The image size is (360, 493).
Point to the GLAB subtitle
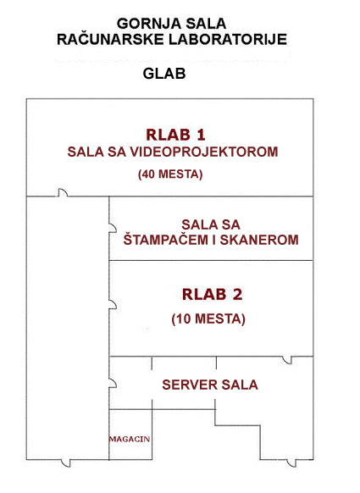164,74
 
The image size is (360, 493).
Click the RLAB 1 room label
175,135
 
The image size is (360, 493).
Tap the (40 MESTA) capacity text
170,174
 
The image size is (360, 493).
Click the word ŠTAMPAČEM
165,239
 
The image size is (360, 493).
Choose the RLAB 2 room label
213,295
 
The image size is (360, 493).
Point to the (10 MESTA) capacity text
208,319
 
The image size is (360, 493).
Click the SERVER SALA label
210,385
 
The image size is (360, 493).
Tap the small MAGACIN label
130,439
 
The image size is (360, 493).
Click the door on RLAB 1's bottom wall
63,193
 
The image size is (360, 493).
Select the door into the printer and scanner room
113,228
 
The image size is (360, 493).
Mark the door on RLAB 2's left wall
113,305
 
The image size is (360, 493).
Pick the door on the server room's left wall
113,383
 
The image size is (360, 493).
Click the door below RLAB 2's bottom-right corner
287,360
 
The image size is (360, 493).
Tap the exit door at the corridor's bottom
66,463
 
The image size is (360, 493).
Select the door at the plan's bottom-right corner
291,463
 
